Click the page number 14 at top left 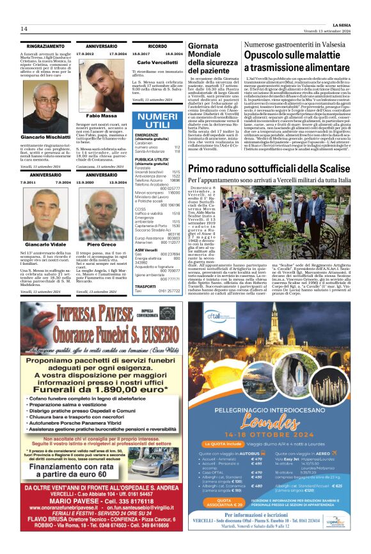pos(24,29)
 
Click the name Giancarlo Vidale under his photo pos(45,244)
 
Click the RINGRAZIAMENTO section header pos(45,47)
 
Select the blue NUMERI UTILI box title pos(157,120)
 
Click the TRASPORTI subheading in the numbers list pos(145,286)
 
